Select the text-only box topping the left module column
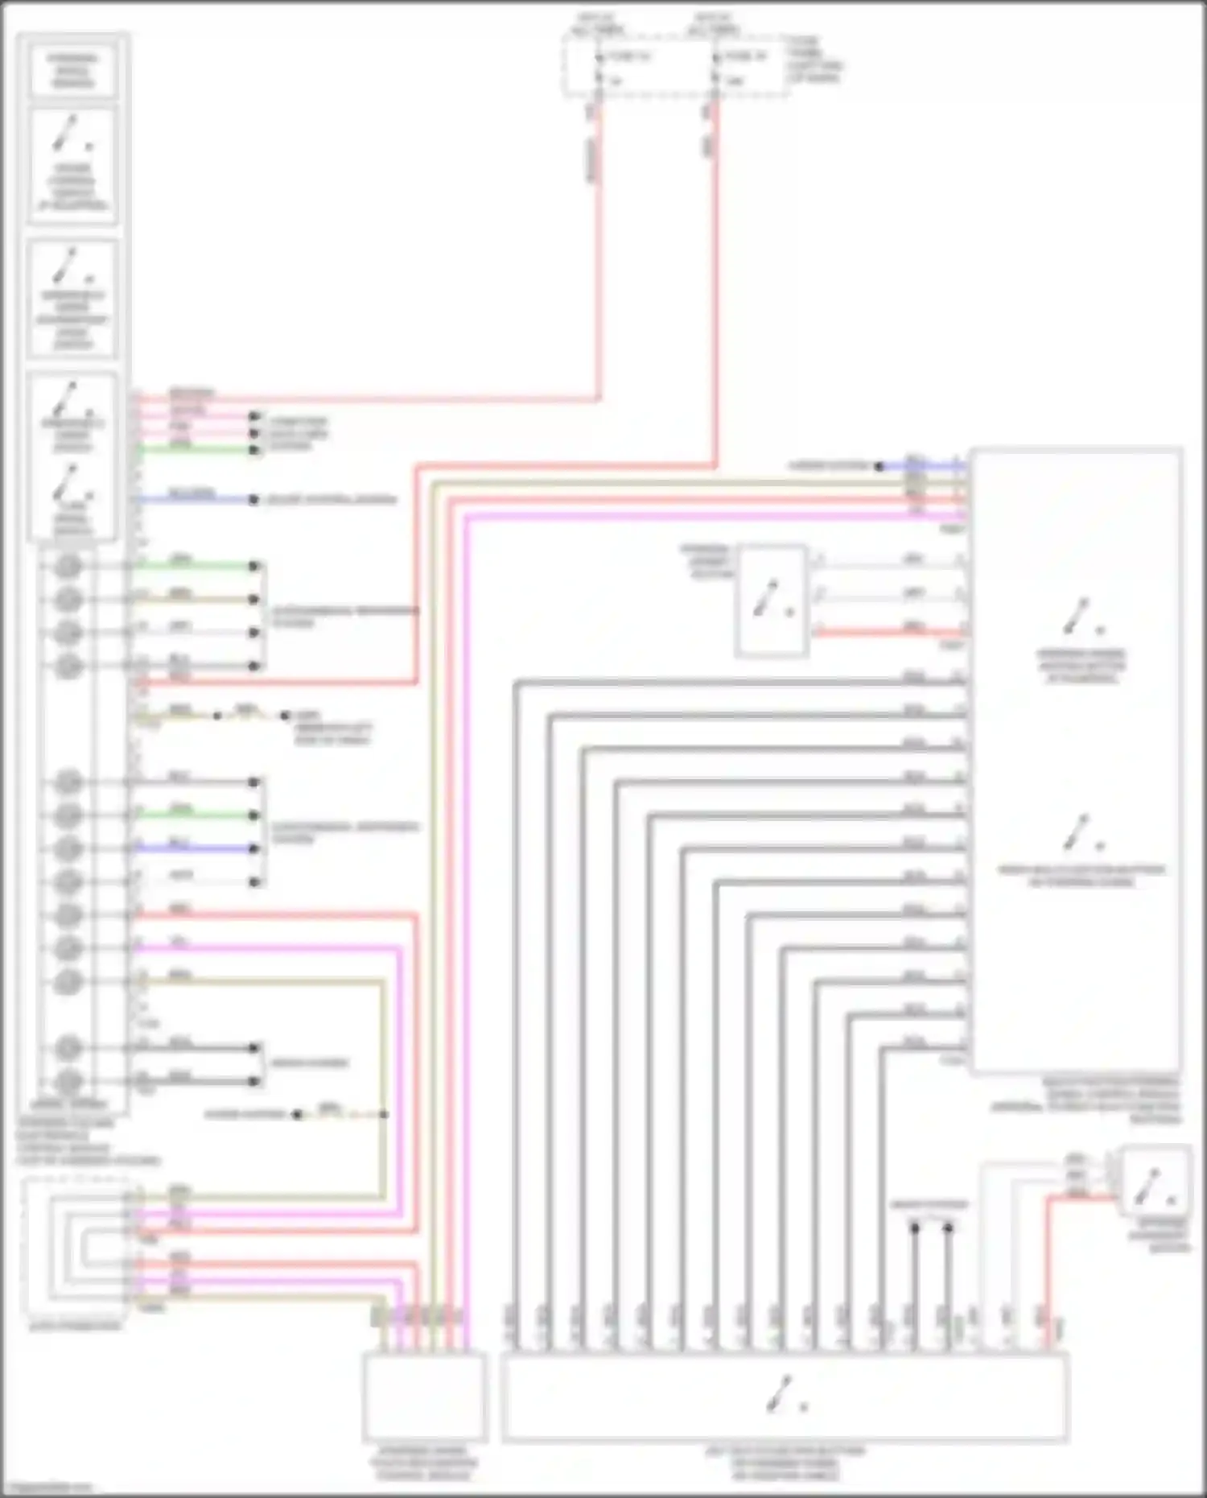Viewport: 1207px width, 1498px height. click(x=72, y=71)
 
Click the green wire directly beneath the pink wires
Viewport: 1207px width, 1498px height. click(x=193, y=448)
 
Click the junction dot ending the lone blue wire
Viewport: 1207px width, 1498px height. click(x=253, y=500)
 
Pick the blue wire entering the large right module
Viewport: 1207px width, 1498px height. click(x=925, y=466)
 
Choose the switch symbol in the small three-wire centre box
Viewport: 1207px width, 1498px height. click(x=770, y=600)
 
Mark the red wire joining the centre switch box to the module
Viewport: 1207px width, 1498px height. click(x=885, y=633)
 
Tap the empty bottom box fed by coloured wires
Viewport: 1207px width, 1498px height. click(x=424, y=1397)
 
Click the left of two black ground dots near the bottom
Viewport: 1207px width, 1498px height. click(x=915, y=1228)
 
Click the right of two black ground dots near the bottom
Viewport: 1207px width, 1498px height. click(x=948, y=1228)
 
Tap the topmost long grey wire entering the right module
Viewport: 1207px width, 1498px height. click(x=724, y=683)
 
